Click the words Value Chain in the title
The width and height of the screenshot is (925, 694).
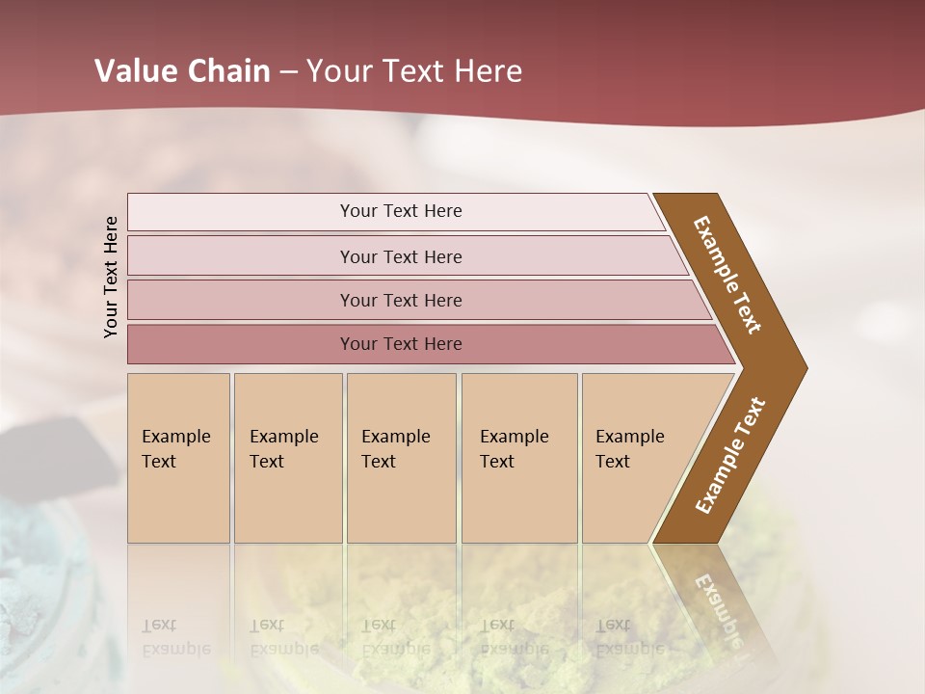[182, 71]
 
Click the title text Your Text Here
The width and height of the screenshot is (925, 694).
[414, 71]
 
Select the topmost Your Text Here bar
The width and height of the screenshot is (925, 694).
[401, 211]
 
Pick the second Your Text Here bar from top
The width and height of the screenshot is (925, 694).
[401, 256]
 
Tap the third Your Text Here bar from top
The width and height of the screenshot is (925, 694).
[401, 300]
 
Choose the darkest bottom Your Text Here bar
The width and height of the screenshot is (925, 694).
[401, 344]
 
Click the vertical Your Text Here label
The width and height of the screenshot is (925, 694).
[111, 277]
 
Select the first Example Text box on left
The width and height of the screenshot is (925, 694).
[178, 458]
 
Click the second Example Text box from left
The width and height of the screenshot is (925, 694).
[287, 458]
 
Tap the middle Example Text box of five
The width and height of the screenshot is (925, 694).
[401, 458]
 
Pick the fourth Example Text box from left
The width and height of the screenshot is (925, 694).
[518, 458]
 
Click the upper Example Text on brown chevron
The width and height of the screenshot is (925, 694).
[727, 275]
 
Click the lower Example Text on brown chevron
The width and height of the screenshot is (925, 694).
[730, 456]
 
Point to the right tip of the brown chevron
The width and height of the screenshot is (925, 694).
[805, 367]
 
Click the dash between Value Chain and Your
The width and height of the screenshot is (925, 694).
[288, 71]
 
